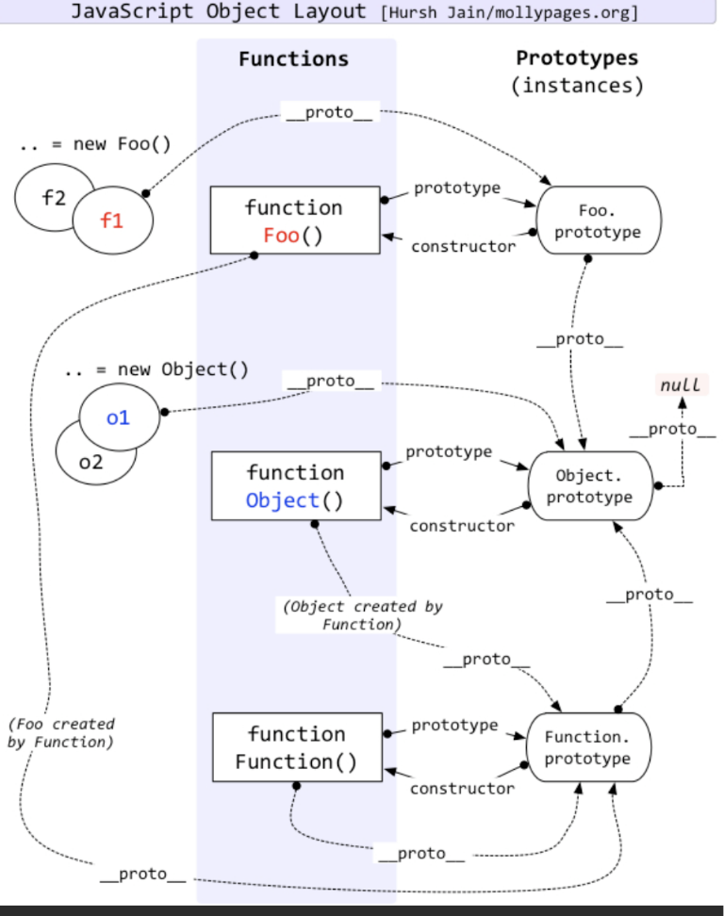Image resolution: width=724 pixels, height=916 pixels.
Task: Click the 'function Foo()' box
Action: [294, 220]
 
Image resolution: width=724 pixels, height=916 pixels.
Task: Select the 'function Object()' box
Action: [295, 485]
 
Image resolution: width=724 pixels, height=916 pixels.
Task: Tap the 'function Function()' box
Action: [296, 747]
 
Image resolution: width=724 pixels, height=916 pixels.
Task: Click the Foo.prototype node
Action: [597, 221]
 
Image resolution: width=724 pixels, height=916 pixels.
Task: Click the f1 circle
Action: [112, 221]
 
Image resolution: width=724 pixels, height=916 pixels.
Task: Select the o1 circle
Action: [118, 417]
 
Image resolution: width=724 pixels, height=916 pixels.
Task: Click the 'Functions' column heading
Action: [293, 58]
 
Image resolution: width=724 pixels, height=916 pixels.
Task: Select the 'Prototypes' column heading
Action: [577, 57]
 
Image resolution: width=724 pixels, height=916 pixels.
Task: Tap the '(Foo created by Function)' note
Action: [60, 733]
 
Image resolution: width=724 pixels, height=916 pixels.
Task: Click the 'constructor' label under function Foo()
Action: [463, 246]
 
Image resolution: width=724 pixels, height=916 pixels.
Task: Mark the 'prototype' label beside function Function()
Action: [454, 725]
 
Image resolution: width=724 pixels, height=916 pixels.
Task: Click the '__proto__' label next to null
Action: [672, 429]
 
